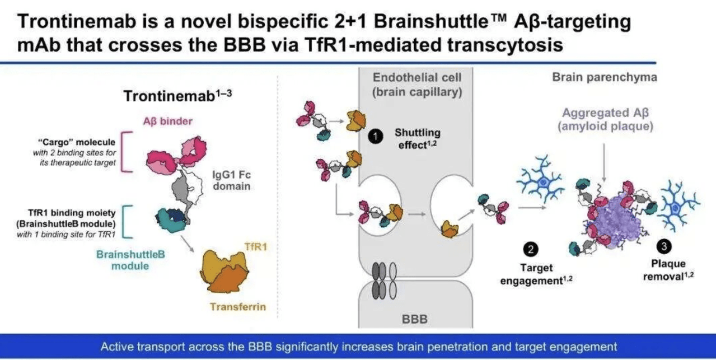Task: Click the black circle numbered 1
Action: pyautogui.click(x=375, y=137)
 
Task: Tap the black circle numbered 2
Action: pyautogui.click(x=531, y=249)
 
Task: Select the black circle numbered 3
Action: pyautogui.click(x=664, y=246)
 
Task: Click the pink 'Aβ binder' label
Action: pyautogui.click(x=168, y=121)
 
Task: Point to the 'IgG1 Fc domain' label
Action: pyautogui.click(x=232, y=180)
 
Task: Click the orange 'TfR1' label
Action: pyautogui.click(x=255, y=247)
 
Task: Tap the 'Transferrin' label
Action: pyautogui.click(x=238, y=307)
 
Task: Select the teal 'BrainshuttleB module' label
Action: pyautogui.click(x=130, y=260)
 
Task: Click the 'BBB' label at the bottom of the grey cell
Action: pyautogui.click(x=415, y=319)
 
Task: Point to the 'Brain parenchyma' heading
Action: pyautogui.click(x=605, y=77)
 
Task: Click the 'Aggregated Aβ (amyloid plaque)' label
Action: pyautogui.click(x=605, y=119)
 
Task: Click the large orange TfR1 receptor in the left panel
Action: pyautogui.click(x=224, y=271)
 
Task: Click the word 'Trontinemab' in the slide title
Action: pyautogui.click(x=77, y=21)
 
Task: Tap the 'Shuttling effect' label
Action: pyautogui.click(x=418, y=139)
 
